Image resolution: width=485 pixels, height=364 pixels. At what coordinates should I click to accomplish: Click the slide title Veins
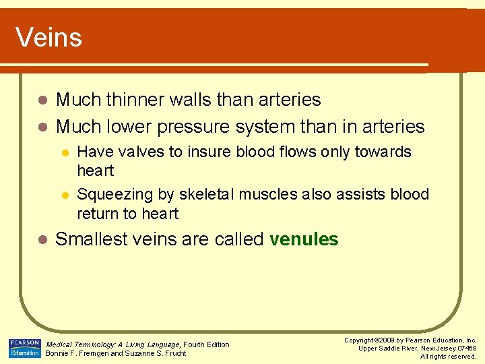pos(48,37)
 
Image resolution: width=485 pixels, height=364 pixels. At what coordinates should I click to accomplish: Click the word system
pos(268,126)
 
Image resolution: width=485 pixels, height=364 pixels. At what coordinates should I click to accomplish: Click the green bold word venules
pos(304,239)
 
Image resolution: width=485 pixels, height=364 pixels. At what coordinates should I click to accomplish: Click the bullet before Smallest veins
pos(42,240)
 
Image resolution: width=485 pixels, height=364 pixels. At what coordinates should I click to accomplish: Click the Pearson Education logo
pos(24,348)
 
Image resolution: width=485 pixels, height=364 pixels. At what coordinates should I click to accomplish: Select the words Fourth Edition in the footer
pos(206,344)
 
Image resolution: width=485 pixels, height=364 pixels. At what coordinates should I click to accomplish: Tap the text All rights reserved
pos(448,356)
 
